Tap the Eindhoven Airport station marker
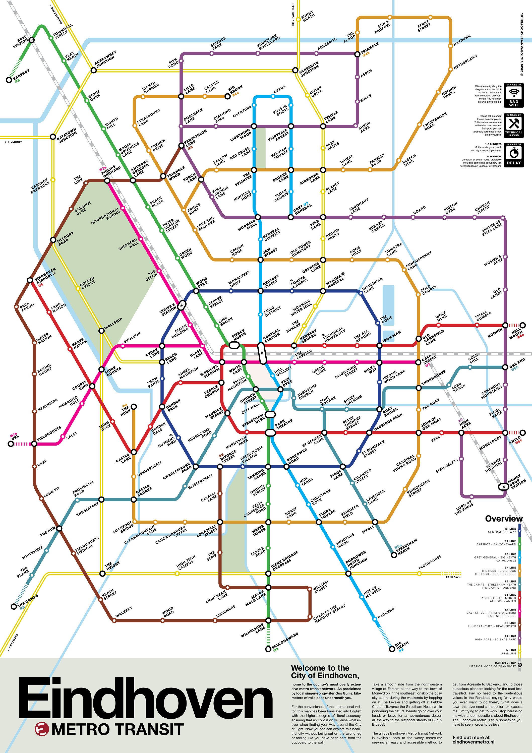tap(30, 280)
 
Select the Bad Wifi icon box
tap(514, 95)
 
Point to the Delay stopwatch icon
tap(514, 153)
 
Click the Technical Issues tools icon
tap(514, 124)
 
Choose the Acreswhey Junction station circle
tap(93, 70)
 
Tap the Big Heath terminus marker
tap(392, 649)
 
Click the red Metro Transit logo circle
tap(42, 729)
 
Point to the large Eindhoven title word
tap(145, 698)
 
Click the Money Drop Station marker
tap(502, 487)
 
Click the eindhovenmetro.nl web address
tap(473, 742)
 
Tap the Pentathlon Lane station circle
tap(181, 146)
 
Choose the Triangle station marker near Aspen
tap(357, 54)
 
